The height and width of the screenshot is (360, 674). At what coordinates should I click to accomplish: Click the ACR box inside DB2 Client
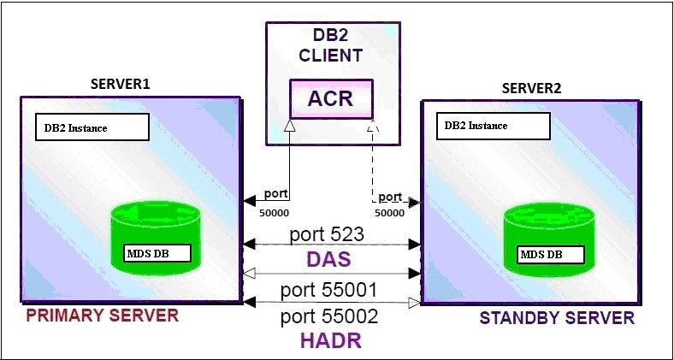[331, 98]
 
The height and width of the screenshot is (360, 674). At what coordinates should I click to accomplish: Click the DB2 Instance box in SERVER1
[92, 127]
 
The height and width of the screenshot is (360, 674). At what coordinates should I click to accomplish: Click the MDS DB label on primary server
[151, 254]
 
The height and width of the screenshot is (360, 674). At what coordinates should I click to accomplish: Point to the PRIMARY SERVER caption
[102, 316]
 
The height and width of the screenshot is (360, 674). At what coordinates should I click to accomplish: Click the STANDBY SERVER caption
[557, 318]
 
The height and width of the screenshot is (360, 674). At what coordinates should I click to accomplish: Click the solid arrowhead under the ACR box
[290, 126]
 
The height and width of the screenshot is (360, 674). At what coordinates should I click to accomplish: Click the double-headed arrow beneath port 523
[332, 245]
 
